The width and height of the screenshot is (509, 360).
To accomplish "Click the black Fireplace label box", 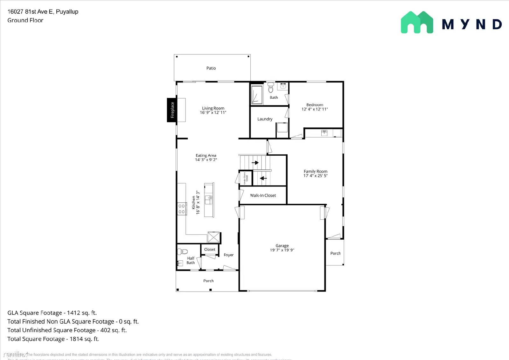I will (172, 110).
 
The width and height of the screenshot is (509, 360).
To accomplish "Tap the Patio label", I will (211, 68).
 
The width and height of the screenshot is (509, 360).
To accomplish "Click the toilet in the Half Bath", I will (184, 251).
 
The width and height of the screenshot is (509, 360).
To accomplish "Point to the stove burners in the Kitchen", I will (182, 209).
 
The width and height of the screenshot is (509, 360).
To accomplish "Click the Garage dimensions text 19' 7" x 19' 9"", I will (282, 250).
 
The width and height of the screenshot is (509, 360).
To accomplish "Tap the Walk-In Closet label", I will (263, 195).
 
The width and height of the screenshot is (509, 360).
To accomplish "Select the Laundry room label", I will (265, 119).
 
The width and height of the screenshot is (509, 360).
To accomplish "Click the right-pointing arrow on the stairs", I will (255, 163).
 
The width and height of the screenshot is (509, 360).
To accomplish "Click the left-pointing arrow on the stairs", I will (263, 178).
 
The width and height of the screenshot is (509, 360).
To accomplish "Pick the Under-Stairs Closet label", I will (246, 179).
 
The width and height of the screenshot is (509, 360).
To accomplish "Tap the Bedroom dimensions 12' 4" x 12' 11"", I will (315, 109).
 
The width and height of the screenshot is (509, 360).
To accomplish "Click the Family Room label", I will (315, 171).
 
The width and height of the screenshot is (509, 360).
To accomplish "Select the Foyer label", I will (228, 255).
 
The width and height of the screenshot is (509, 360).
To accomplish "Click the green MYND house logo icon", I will (417, 22).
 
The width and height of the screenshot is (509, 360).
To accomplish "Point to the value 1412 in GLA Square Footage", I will (73, 313).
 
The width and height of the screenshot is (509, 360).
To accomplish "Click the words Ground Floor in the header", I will (25, 20).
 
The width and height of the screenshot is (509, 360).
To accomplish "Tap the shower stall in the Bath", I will (256, 95).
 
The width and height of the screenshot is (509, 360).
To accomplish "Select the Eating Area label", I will (206, 155).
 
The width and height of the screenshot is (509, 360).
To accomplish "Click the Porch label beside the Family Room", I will (335, 253).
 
